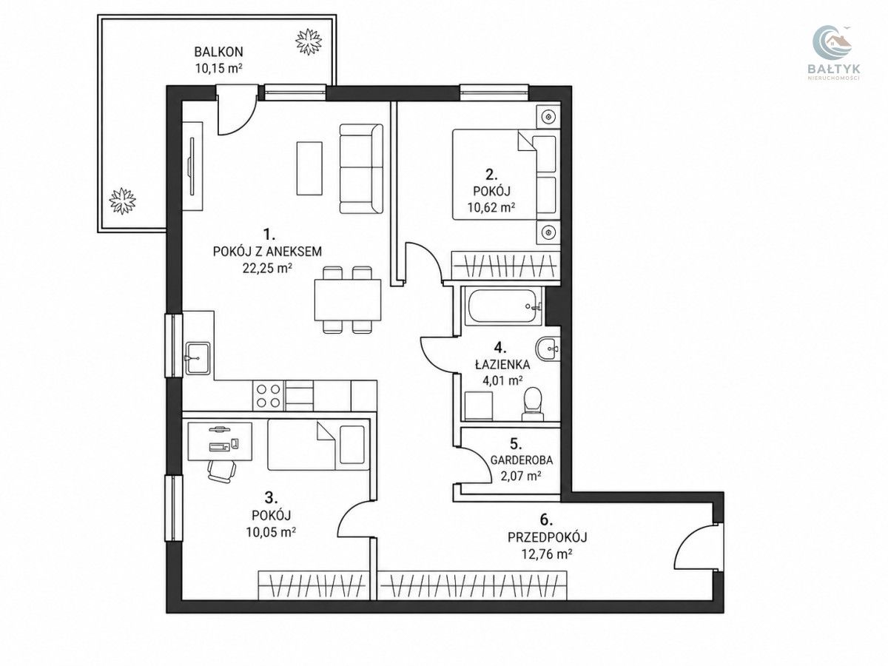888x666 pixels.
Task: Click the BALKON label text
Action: point(218,52)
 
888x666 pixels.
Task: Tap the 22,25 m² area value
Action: point(267,268)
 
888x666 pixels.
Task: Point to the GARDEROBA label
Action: point(522,460)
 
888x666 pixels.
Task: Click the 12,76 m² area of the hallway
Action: point(547,554)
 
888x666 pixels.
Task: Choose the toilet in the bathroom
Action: point(532,404)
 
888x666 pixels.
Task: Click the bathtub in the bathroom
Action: point(504,306)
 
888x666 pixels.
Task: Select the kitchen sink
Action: point(198,358)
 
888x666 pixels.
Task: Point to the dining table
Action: point(348,300)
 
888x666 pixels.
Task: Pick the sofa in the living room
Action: point(361,169)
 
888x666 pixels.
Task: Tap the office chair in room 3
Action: point(222,471)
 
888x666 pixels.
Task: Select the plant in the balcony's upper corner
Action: point(309,41)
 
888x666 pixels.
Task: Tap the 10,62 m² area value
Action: point(491,208)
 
